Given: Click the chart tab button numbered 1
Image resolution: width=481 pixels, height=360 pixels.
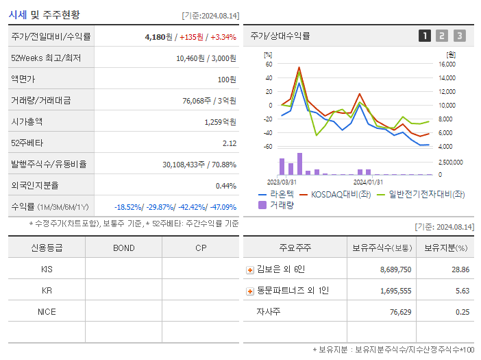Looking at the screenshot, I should [425, 36].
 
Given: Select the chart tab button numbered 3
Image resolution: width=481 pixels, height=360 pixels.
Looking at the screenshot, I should [459, 36].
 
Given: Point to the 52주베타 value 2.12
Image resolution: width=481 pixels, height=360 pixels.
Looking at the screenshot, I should [230, 143].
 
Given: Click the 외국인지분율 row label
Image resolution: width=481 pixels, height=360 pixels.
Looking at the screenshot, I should [35, 186].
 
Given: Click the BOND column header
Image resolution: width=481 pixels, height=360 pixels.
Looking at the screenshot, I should [123, 248].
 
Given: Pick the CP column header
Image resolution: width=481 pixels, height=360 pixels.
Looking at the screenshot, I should [200, 248].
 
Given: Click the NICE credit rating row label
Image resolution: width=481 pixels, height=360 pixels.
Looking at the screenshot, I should [47, 312].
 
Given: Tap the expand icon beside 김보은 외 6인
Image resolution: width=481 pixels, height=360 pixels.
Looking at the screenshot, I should [250, 270].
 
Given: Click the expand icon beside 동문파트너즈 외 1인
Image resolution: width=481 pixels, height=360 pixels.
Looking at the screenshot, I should [250, 291].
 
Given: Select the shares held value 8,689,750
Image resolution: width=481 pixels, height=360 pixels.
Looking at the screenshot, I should [395, 270].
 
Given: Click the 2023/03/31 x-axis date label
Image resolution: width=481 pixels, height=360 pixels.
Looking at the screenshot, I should [282, 182].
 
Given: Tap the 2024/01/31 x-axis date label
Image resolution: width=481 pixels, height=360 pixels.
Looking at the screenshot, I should [368, 182].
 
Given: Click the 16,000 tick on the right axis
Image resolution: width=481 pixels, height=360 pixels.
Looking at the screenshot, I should [447, 64].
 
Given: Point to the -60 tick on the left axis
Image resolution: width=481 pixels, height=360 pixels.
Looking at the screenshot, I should [268, 147].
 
